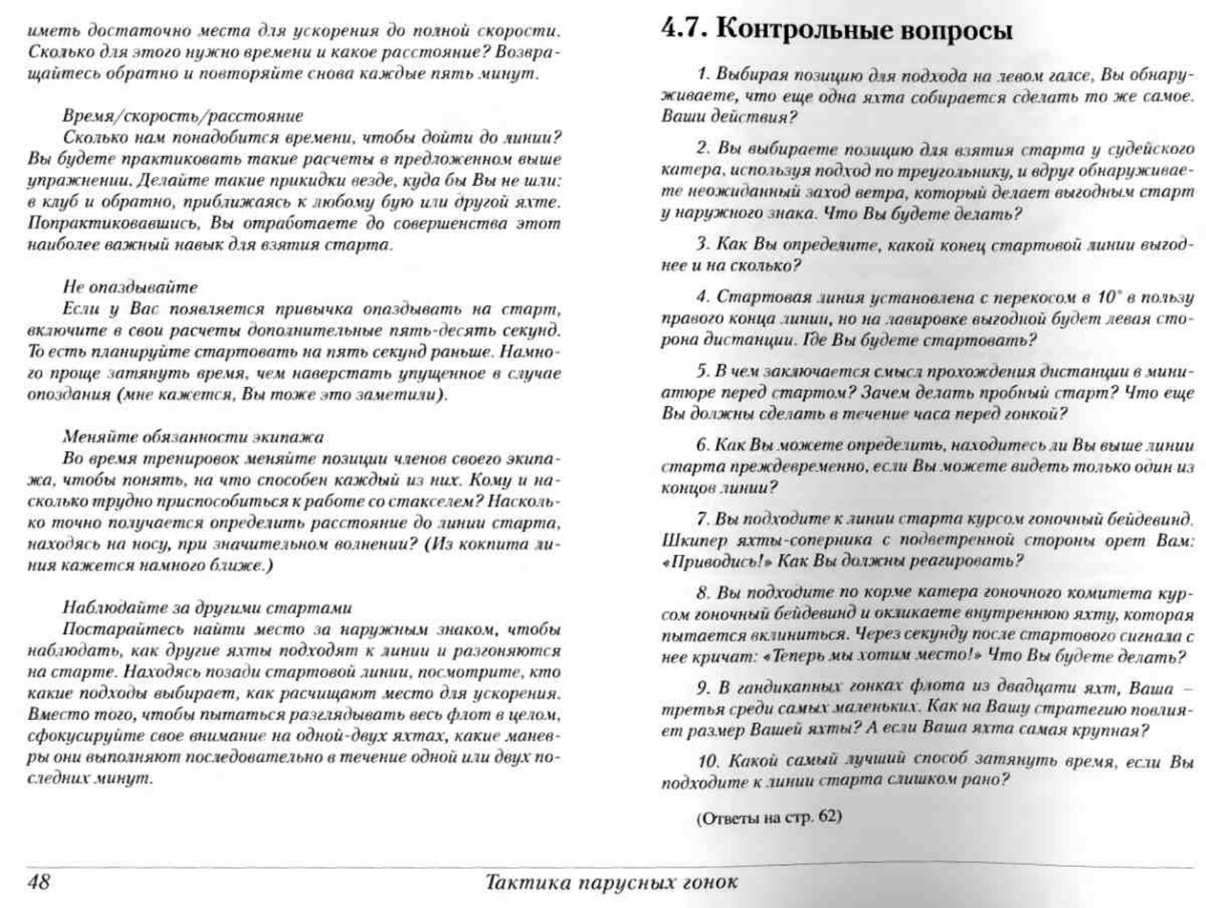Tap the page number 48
click(x=39, y=882)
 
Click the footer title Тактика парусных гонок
click(x=611, y=882)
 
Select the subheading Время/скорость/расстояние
click(x=182, y=116)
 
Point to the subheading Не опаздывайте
click(x=130, y=287)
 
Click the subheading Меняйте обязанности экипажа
click(x=193, y=437)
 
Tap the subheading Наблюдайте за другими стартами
click(x=207, y=608)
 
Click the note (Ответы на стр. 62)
click(x=769, y=816)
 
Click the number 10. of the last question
click(x=708, y=761)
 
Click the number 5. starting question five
click(x=702, y=372)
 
